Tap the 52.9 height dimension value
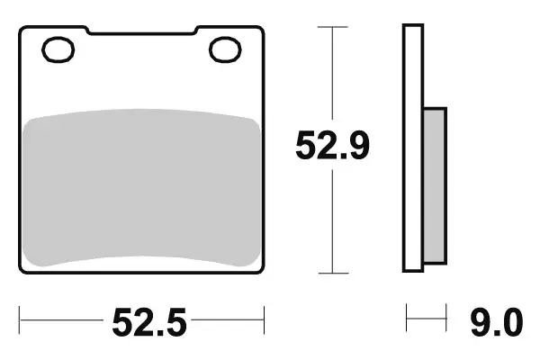click(x=334, y=146)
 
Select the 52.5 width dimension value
click(x=148, y=320)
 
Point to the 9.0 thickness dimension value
click(x=494, y=320)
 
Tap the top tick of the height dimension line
click(x=334, y=27)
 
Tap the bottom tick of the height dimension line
click(x=334, y=272)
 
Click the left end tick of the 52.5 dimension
click(x=21, y=318)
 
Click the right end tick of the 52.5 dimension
click(x=264, y=318)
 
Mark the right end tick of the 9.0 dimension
click(x=446, y=318)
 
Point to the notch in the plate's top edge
click(x=142, y=34)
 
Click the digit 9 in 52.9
click(x=357, y=146)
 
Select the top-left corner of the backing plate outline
click(x=22, y=29)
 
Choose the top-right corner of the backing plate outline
click(x=262, y=29)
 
